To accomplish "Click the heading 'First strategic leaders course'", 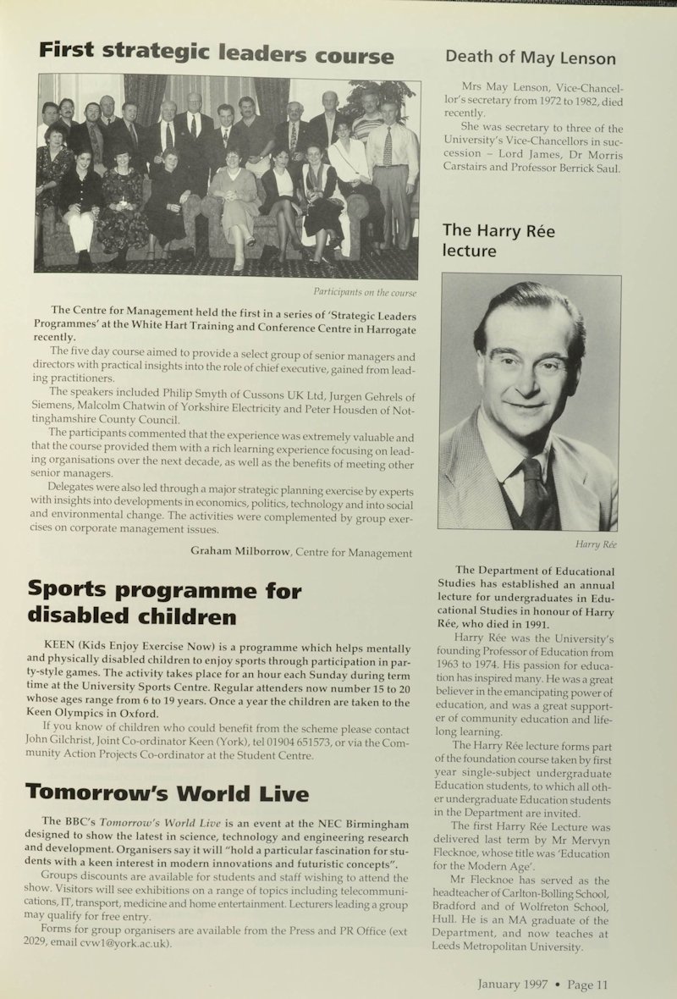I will click(x=216, y=55).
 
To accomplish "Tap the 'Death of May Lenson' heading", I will click(x=531, y=58).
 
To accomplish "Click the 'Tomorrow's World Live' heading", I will click(x=167, y=793).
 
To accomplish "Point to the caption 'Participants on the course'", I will click(x=365, y=293).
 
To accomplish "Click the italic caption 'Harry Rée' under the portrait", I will click(x=597, y=544).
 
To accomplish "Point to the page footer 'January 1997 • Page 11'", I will click(x=542, y=984).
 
